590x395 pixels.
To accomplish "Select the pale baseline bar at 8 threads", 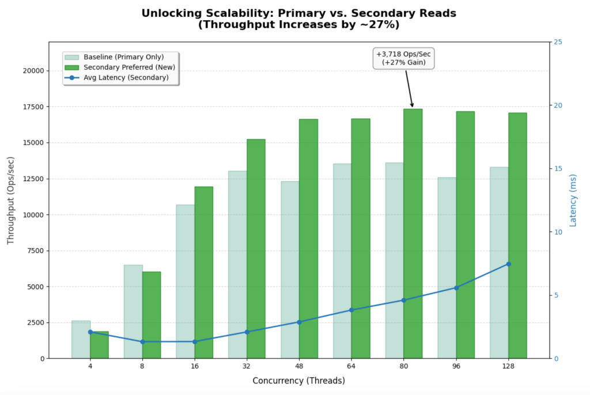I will pyautogui.click(x=133, y=311).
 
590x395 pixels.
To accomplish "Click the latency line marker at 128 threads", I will pyautogui.click(x=509, y=264).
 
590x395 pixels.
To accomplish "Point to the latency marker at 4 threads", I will pyautogui.click(x=90, y=332).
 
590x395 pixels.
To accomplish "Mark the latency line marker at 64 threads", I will pyautogui.click(x=351, y=310).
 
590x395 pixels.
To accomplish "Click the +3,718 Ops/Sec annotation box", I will pyautogui.click(x=403, y=58).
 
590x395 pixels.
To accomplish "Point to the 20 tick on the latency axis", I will pyautogui.click(x=558, y=106).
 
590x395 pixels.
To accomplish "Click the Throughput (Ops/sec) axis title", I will pyautogui.click(x=11, y=200).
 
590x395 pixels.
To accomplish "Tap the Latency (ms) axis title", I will pyautogui.click(x=573, y=200).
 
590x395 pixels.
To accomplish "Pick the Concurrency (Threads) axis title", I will pyautogui.click(x=298, y=381).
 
